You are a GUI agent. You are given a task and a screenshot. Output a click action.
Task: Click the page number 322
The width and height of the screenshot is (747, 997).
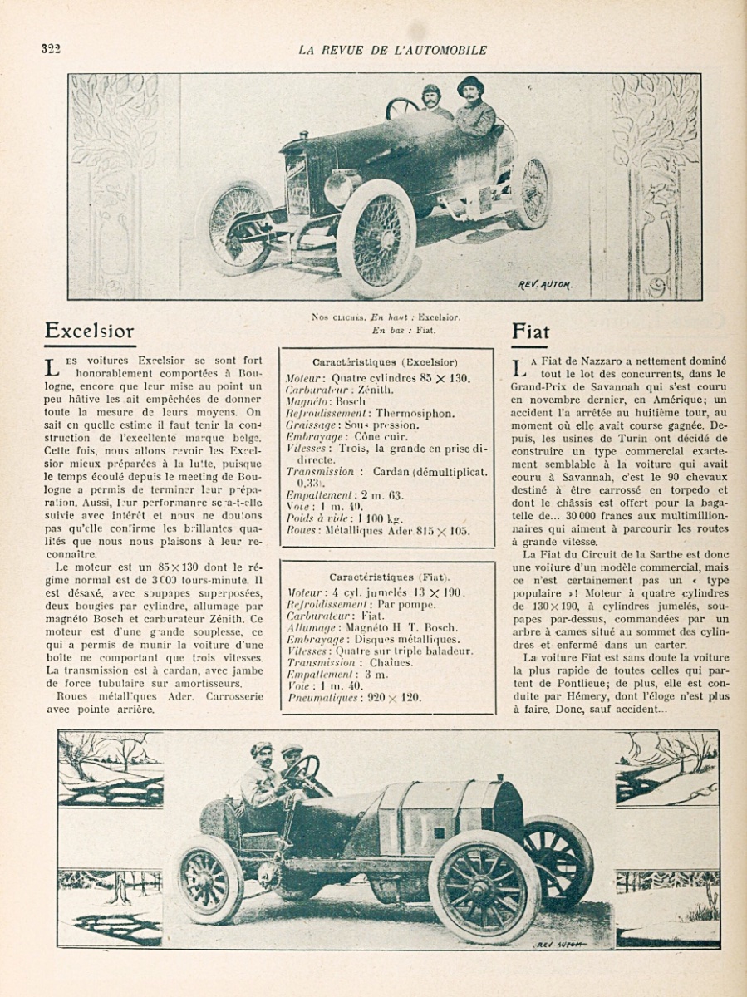[51, 48]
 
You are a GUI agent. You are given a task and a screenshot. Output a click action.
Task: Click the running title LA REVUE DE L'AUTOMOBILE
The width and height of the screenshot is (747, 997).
[392, 50]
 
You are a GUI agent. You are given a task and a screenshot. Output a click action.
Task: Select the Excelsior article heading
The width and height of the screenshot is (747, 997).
[89, 331]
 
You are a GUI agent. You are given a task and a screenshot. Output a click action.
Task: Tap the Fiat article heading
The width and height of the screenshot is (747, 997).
[530, 331]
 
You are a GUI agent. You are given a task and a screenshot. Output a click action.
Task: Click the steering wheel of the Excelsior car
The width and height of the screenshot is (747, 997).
[403, 107]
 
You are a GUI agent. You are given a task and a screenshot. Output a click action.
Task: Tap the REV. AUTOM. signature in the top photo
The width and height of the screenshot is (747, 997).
[545, 284]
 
